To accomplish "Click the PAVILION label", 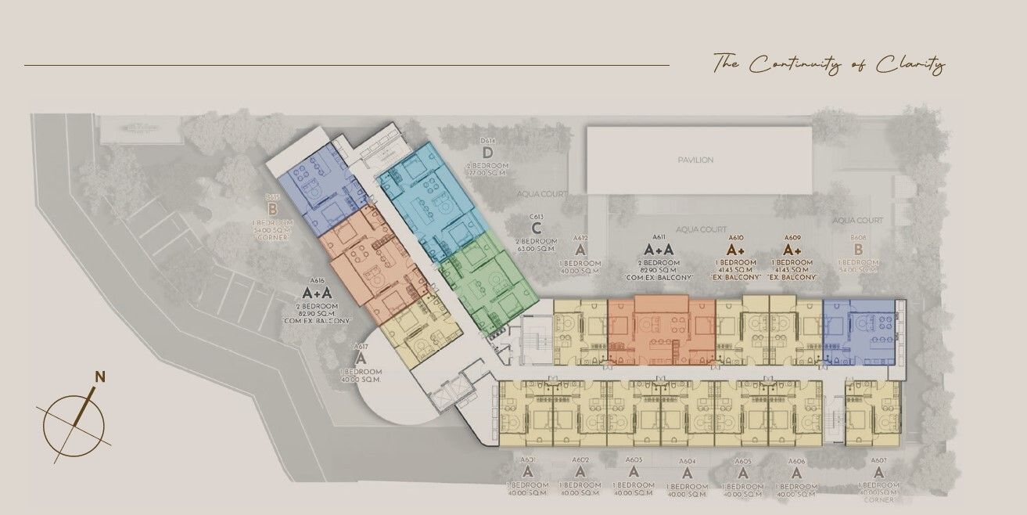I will tap(695, 160).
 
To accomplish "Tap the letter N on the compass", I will tap(99, 376).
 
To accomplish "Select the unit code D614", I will tap(488, 141).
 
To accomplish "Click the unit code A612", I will tap(580, 237).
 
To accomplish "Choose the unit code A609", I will tap(792, 236).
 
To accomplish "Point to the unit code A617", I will tap(361, 345).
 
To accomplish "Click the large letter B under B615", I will tap(273, 210).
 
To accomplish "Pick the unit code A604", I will tap(687, 461).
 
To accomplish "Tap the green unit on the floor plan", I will tap(485, 282).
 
